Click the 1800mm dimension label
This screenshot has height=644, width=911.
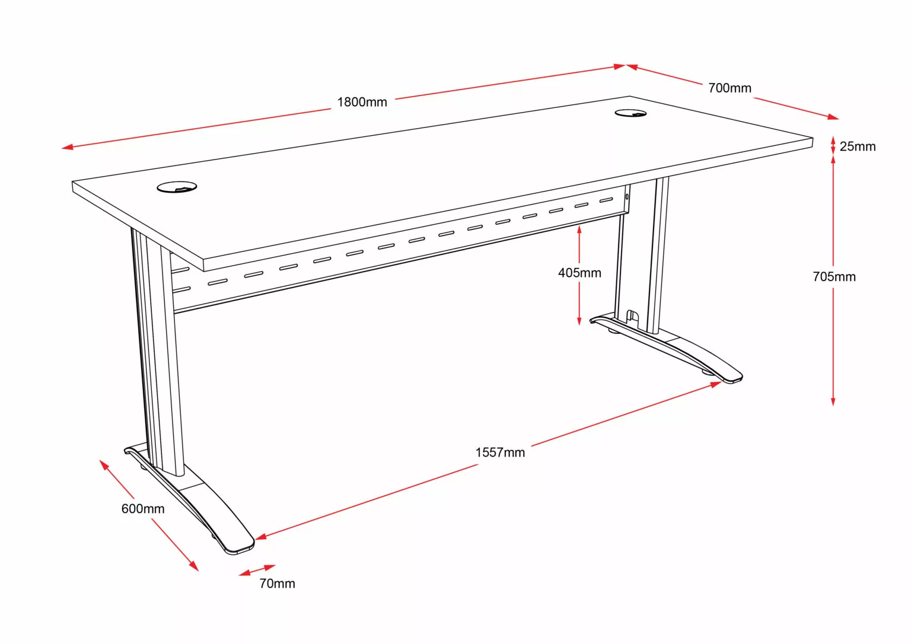[x=362, y=102]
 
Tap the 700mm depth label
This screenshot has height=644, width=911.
[x=730, y=88]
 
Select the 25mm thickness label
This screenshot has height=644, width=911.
[x=857, y=146]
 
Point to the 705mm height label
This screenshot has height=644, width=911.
[x=834, y=277]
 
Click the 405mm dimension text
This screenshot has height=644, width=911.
[x=579, y=273]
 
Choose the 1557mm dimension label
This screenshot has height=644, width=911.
[x=500, y=452]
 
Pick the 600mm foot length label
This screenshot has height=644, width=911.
[x=143, y=509]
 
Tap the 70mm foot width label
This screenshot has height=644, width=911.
[x=278, y=584]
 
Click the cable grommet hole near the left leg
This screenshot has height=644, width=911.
[x=177, y=187]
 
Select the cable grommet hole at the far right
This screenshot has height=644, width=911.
[x=630, y=113]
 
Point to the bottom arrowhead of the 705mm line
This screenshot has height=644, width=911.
[x=833, y=400]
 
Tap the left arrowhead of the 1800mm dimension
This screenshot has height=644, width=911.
[x=67, y=147]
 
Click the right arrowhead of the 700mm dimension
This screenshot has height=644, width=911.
[x=833, y=117]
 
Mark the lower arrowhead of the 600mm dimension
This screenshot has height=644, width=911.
[x=194, y=566]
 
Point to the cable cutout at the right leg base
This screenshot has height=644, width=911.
[x=632, y=317]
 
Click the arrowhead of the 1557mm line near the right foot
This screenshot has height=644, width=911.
[x=716, y=384]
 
